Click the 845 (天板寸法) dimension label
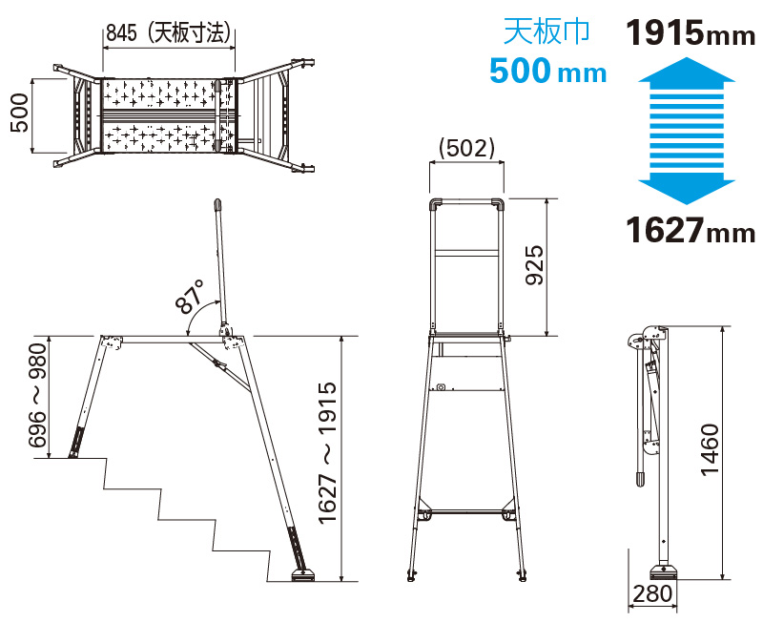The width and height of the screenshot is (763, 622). pyautogui.click(x=168, y=33)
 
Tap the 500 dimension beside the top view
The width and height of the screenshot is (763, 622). pyautogui.click(x=20, y=113)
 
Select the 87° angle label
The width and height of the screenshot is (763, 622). pyautogui.click(x=190, y=297)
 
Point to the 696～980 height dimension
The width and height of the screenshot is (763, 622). pyautogui.click(x=37, y=395)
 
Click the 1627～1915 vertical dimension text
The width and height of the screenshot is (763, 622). pyautogui.click(x=327, y=453)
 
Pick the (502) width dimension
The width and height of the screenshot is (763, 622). pyautogui.click(x=466, y=149)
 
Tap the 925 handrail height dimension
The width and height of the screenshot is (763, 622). pyautogui.click(x=535, y=265)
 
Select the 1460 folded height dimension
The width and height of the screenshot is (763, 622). pyautogui.click(x=710, y=449)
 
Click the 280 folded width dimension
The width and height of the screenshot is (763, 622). pyautogui.click(x=652, y=593)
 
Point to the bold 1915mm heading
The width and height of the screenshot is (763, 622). pyautogui.click(x=690, y=33)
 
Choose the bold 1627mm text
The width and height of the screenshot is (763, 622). pyautogui.click(x=690, y=230)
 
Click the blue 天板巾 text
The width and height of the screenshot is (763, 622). pyautogui.click(x=546, y=31)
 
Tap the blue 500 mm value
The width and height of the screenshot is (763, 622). pyautogui.click(x=547, y=71)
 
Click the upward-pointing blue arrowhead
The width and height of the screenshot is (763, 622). pyautogui.click(x=687, y=70)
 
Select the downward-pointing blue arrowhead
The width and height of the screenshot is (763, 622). pyautogui.click(x=687, y=191)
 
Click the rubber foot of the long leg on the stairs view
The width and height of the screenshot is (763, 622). pyautogui.click(x=303, y=576)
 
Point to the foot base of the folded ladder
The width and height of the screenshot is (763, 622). pyautogui.click(x=662, y=571)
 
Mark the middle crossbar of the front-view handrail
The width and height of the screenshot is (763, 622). pyautogui.click(x=466, y=254)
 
